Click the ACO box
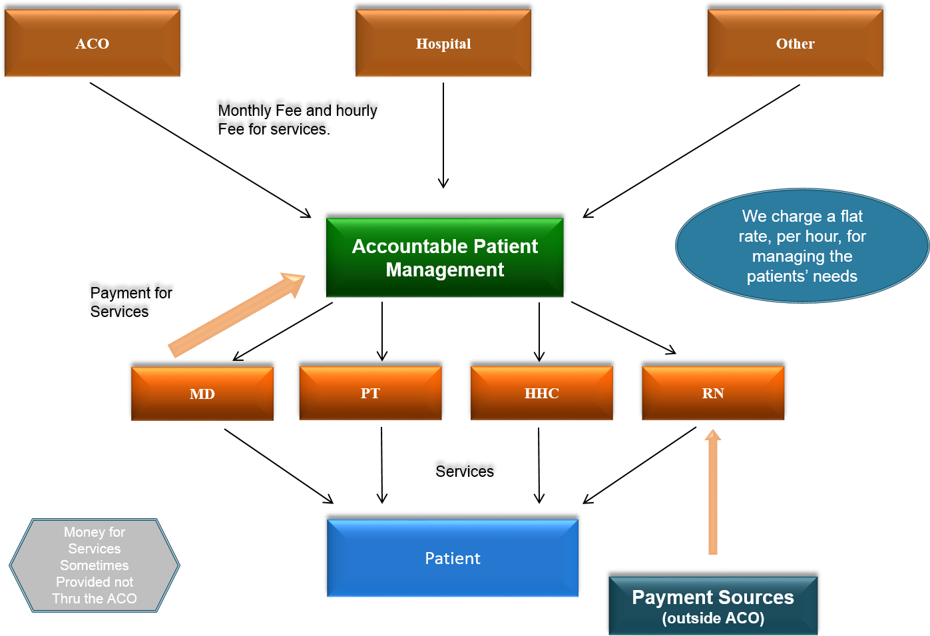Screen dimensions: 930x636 92,43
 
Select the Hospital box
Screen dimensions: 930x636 443,43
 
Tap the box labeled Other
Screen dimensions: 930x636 795,43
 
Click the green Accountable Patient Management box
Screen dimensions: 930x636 445,257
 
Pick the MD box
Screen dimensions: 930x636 202,394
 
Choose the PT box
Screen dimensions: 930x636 370,392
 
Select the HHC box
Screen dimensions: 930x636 541,392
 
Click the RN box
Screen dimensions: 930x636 713,392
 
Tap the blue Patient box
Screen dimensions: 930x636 453,558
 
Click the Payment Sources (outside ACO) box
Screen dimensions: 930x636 713,605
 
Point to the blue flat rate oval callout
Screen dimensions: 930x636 802,246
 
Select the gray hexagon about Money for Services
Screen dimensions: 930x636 95,565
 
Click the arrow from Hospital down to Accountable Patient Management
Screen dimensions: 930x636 443,135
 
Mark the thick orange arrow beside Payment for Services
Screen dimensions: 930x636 236,315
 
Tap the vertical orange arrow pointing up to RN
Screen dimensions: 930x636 712,492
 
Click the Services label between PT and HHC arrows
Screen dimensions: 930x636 465,471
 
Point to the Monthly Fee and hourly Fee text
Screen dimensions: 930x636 298,120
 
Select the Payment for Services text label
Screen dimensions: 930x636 130,302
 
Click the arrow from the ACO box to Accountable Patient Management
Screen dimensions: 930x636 200,151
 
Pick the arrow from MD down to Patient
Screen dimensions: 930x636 279,466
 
